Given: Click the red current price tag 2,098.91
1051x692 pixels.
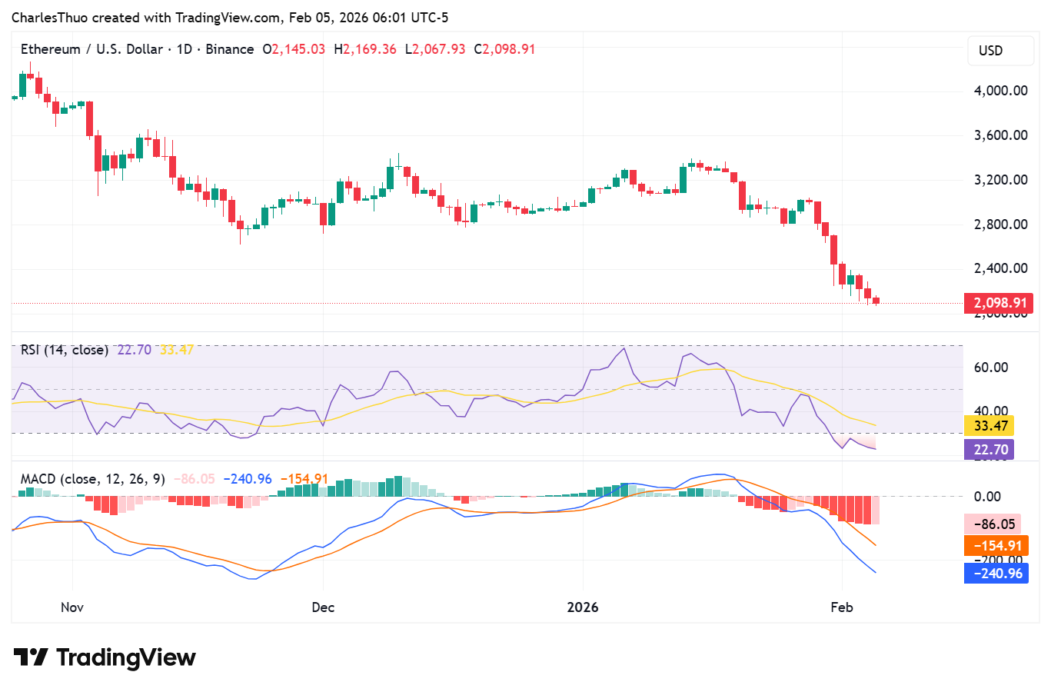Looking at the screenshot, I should coord(999,303).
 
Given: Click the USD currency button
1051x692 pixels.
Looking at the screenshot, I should coord(991,51).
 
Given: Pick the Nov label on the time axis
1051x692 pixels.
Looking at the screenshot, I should coord(72,607).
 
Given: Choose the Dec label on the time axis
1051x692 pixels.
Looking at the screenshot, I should coord(323,607).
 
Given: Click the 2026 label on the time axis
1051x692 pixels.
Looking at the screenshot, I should coord(583,607).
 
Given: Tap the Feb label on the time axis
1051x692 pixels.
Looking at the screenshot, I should coord(842,607).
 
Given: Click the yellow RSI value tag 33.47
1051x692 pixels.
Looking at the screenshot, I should coord(990,426).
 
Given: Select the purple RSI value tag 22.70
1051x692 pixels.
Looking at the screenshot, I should coord(990,450).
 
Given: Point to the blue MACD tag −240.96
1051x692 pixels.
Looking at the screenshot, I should coord(997,574).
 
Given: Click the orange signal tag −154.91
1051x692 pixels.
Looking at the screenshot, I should coord(997,547).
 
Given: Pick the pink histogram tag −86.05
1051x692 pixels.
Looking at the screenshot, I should coord(994,524).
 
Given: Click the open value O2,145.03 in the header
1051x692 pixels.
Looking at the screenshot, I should coord(294,49).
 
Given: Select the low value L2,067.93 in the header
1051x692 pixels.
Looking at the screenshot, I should coord(435,49).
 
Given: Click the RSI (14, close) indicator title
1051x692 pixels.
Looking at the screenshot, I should coord(65,350).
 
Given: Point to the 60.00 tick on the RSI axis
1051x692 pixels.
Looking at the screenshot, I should coord(991,368).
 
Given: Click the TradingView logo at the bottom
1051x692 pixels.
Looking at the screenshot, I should coord(105,658).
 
